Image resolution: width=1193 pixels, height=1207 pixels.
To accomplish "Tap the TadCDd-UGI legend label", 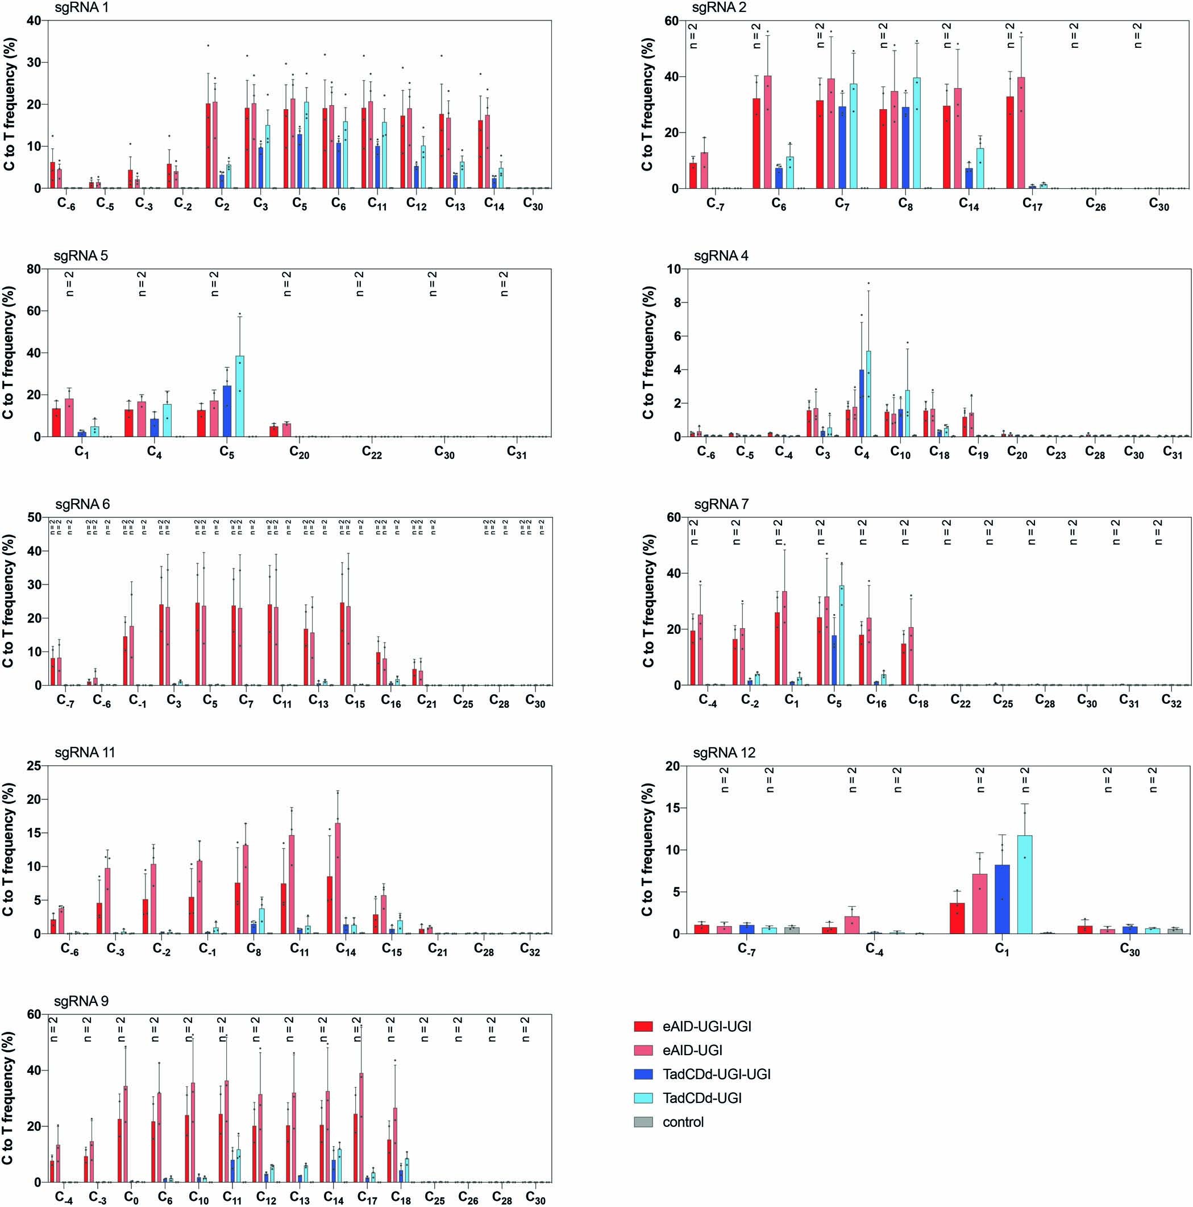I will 702,1098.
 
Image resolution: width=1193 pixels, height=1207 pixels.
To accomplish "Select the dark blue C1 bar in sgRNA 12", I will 1002,899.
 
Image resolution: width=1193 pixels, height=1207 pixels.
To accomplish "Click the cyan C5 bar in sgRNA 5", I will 239,396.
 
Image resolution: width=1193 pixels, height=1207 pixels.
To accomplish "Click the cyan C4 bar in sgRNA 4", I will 868,393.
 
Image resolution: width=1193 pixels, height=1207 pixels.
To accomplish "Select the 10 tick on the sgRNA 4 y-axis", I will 674,269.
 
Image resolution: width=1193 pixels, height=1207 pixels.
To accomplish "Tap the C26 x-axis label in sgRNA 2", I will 1096,204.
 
